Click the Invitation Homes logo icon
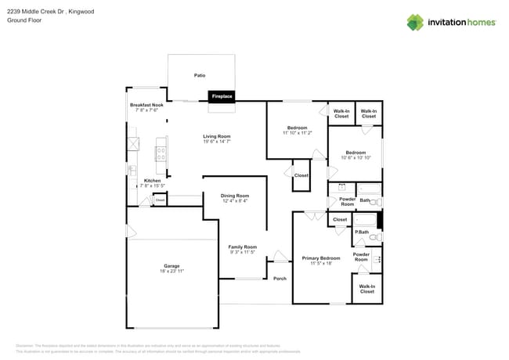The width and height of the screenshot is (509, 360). tap(415, 22)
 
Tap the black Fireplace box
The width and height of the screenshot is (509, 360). tap(222, 96)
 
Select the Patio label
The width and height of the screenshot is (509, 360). tap(200, 75)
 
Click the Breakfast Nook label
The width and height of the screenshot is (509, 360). tap(146, 105)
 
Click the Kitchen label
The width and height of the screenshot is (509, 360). tap(152, 181)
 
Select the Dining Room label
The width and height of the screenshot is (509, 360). tap(235, 196)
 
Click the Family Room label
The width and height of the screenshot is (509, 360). tap(243, 247)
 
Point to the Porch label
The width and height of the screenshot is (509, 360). tap(280, 279)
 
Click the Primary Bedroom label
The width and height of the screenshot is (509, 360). tap(321, 257)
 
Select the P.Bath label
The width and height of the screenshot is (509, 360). tap(362, 232)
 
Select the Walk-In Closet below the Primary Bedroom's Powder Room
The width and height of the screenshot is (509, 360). tap(366, 289)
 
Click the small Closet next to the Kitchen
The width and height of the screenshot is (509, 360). tap(160, 200)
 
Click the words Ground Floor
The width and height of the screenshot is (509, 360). tap(23, 21)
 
